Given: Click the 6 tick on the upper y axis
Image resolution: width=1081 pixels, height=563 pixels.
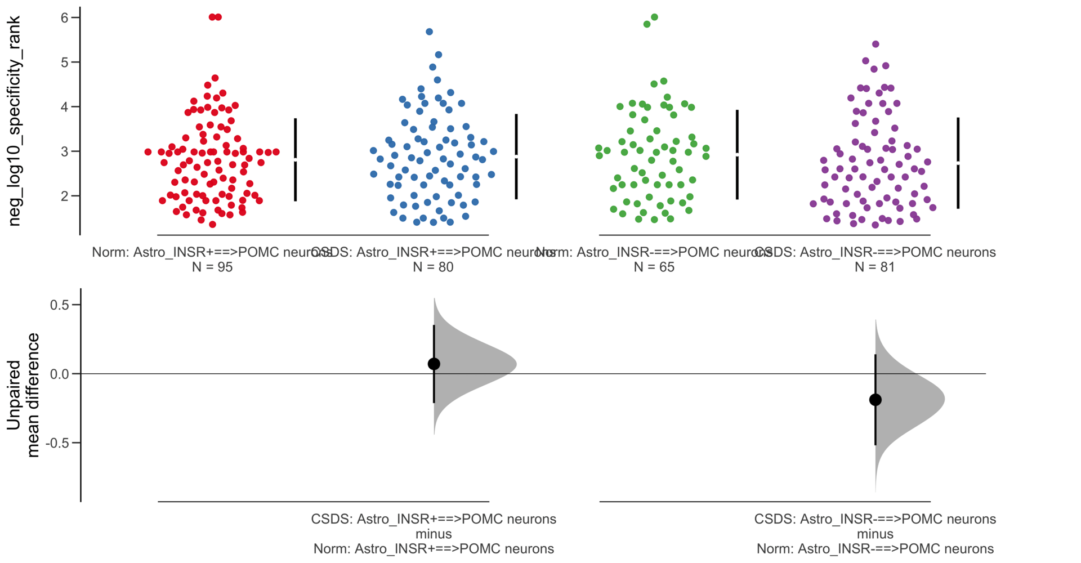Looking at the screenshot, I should [65, 17].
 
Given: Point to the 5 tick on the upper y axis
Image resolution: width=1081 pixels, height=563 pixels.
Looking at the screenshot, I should [65, 62].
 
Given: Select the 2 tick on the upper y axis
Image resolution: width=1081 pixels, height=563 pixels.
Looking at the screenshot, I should [65, 196].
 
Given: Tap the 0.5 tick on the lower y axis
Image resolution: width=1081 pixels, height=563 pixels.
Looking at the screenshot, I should [59, 305].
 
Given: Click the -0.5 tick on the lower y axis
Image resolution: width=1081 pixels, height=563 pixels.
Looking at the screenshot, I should [57, 443].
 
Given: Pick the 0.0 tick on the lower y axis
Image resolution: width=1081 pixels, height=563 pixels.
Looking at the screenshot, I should [59, 374].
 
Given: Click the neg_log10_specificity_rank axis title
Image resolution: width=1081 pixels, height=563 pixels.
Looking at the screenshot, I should [15, 121].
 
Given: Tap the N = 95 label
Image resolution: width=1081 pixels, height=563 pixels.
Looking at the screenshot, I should [212, 267].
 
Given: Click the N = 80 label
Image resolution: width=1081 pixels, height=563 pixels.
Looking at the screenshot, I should [433, 267].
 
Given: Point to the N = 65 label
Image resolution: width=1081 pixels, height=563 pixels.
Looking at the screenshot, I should [654, 267].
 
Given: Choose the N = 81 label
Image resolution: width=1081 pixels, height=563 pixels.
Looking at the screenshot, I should [874, 267].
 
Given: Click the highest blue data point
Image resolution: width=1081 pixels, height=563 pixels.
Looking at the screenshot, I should [429, 32].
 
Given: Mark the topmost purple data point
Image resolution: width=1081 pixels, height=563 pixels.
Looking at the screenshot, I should [875, 44].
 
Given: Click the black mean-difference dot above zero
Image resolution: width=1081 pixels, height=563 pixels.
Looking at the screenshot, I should [434, 364].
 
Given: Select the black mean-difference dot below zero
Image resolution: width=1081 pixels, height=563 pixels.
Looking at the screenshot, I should [875, 400].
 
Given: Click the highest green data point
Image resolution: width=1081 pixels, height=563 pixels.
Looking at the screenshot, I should [654, 17].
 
